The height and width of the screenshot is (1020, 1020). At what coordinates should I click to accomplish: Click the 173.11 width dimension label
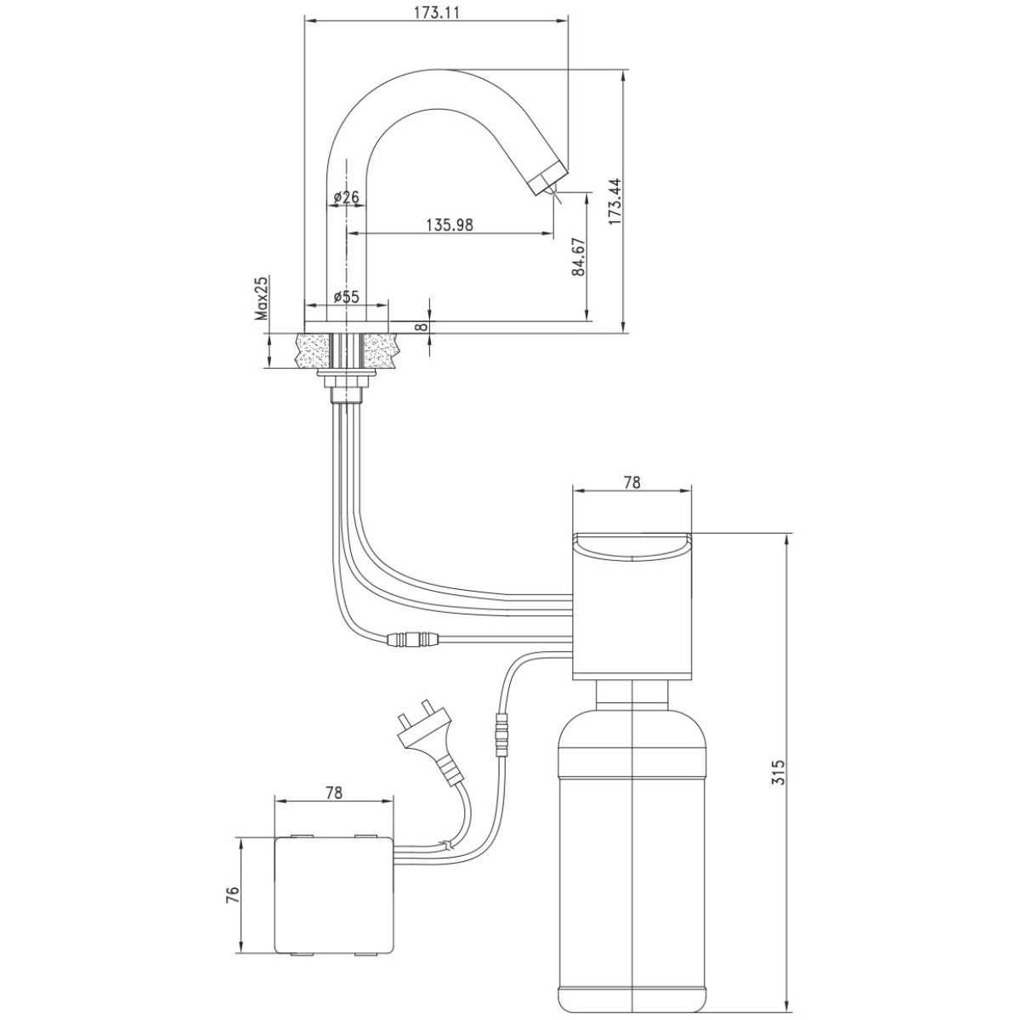[x=437, y=13]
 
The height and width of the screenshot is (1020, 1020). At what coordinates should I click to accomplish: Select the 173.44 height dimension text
[x=615, y=201]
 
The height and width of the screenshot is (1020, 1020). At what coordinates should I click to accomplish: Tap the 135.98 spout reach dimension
[x=450, y=225]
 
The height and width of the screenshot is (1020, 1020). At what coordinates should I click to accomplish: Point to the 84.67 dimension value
[x=579, y=257]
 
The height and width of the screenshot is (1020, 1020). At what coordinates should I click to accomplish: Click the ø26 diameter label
[x=347, y=197]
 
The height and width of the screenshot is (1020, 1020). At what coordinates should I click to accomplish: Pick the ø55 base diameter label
[x=347, y=297]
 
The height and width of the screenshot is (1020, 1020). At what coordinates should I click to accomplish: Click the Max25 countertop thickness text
[x=262, y=298]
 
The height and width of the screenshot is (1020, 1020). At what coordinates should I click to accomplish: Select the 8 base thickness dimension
[x=422, y=326]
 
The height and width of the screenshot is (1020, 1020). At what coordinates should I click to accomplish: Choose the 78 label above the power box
[x=334, y=807]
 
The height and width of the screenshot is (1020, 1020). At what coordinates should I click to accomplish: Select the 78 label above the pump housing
[x=632, y=482]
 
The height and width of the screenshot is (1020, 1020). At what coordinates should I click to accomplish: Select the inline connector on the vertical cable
[x=501, y=736]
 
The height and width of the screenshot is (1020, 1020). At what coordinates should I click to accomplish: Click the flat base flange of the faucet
[x=346, y=326]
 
